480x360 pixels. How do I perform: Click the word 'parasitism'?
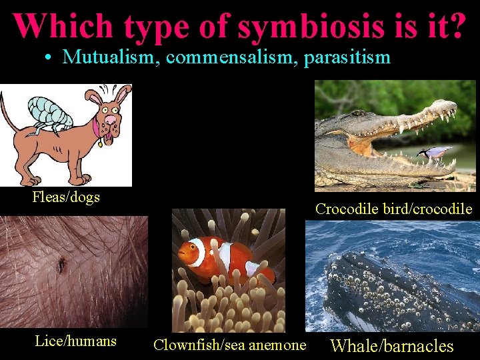coord(347,57)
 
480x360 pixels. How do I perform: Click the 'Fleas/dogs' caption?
coord(66,197)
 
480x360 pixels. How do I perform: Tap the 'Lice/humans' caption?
coord(75,341)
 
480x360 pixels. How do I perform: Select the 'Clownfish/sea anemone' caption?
coord(229,345)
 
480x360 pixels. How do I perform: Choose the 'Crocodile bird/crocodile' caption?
coord(393,209)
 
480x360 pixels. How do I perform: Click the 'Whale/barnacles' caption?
coord(392,346)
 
